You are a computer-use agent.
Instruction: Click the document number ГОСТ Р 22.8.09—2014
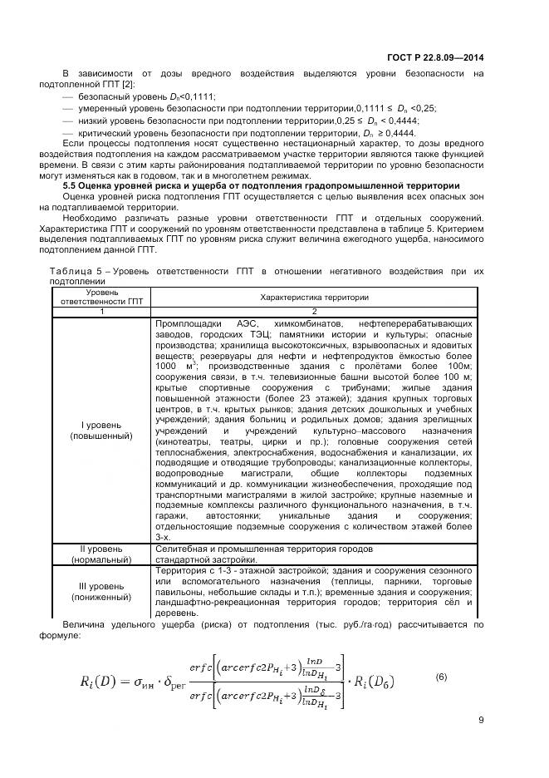[436, 57]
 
